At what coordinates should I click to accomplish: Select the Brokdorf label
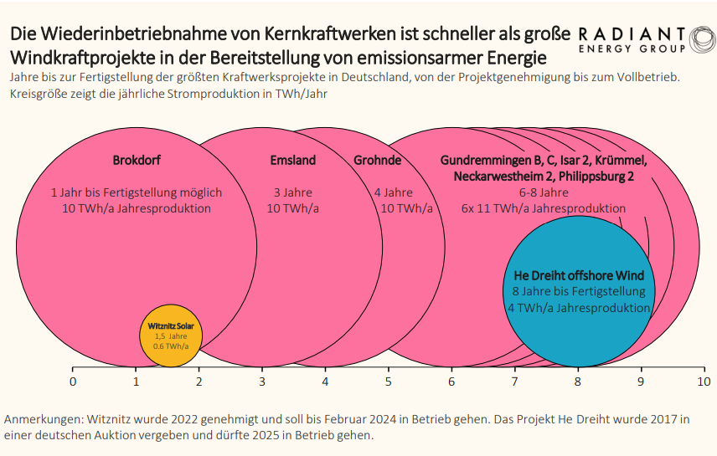click(x=137, y=160)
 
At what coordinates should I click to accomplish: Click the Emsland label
click(x=292, y=160)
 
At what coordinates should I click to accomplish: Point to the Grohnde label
click(x=377, y=160)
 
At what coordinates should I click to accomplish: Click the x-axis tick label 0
click(x=73, y=382)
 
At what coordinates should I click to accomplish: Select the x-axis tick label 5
click(x=389, y=382)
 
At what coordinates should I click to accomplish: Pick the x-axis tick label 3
click(x=262, y=382)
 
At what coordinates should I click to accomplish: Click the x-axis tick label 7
click(x=515, y=382)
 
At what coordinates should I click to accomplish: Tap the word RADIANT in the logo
click(x=632, y=33)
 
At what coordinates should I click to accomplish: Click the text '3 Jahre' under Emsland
click(x=292, y=192)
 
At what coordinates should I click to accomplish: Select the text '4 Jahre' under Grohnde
click(x=394, y=192)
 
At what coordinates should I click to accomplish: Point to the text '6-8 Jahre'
click(x=543, y=192)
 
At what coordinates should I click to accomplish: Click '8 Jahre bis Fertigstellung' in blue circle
click(x=579, y=291)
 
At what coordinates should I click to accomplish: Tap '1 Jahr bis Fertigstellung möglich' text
click(x=137, y=192)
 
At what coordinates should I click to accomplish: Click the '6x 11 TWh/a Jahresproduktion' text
click(x=543, y=208)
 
